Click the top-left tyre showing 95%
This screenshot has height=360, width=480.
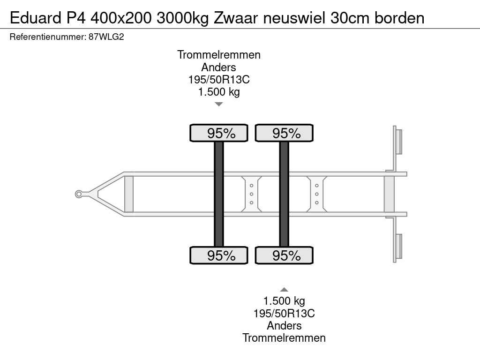coord(218,133)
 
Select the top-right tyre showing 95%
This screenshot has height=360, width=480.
coord(284,133)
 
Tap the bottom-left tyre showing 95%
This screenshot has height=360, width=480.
coord(218,255)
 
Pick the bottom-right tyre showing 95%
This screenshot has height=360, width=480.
coord(284,255)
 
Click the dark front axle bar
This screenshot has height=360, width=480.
coord(218,194)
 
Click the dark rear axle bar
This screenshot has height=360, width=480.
coord(284,194)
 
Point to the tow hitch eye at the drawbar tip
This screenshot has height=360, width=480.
coord(79,194)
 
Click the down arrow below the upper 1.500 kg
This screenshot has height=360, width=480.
coord(218,104)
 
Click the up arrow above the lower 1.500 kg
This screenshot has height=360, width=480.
coord(284,290)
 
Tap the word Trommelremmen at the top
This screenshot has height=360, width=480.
coord(218,55)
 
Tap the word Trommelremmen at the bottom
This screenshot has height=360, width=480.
coord(284,337)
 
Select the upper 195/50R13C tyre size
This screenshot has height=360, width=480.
coord(218,80)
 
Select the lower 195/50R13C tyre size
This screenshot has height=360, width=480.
coord(284,314)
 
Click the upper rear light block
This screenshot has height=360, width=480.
coord(398,141)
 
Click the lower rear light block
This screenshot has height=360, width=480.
coord(398,246)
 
